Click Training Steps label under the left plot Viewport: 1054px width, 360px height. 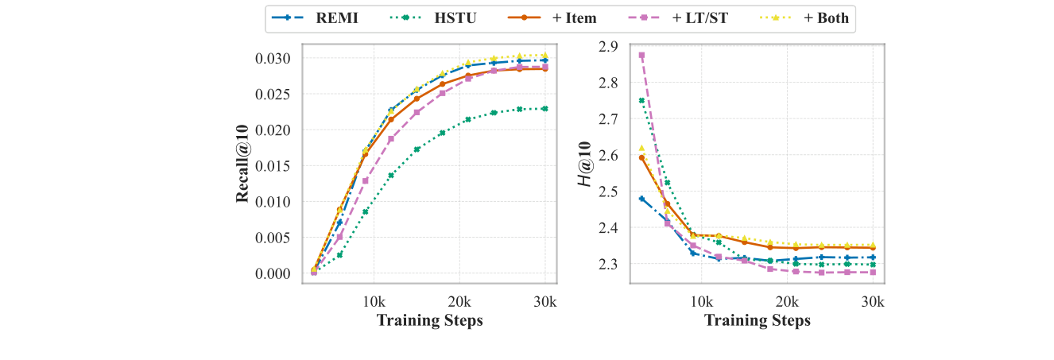[429, 320]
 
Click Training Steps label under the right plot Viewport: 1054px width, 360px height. [758, 320]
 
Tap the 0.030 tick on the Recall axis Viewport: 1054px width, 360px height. [274, 58]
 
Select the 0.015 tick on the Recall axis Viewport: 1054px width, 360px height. [274, 165]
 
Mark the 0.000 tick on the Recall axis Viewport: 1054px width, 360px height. [274, 273]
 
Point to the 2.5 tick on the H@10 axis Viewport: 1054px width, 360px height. [610, 192]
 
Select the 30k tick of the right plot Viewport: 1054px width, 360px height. [874, 302]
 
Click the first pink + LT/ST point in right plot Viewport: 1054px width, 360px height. [641, 55]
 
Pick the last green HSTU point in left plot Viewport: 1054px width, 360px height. [545, 108]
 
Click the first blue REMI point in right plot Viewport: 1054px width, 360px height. [641, 199]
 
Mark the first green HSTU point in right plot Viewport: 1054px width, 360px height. [641, 100]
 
